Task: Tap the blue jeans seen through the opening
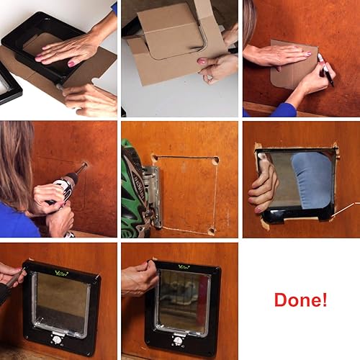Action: [x=312, y=180]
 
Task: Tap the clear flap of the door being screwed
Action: [x=60, y=302]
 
